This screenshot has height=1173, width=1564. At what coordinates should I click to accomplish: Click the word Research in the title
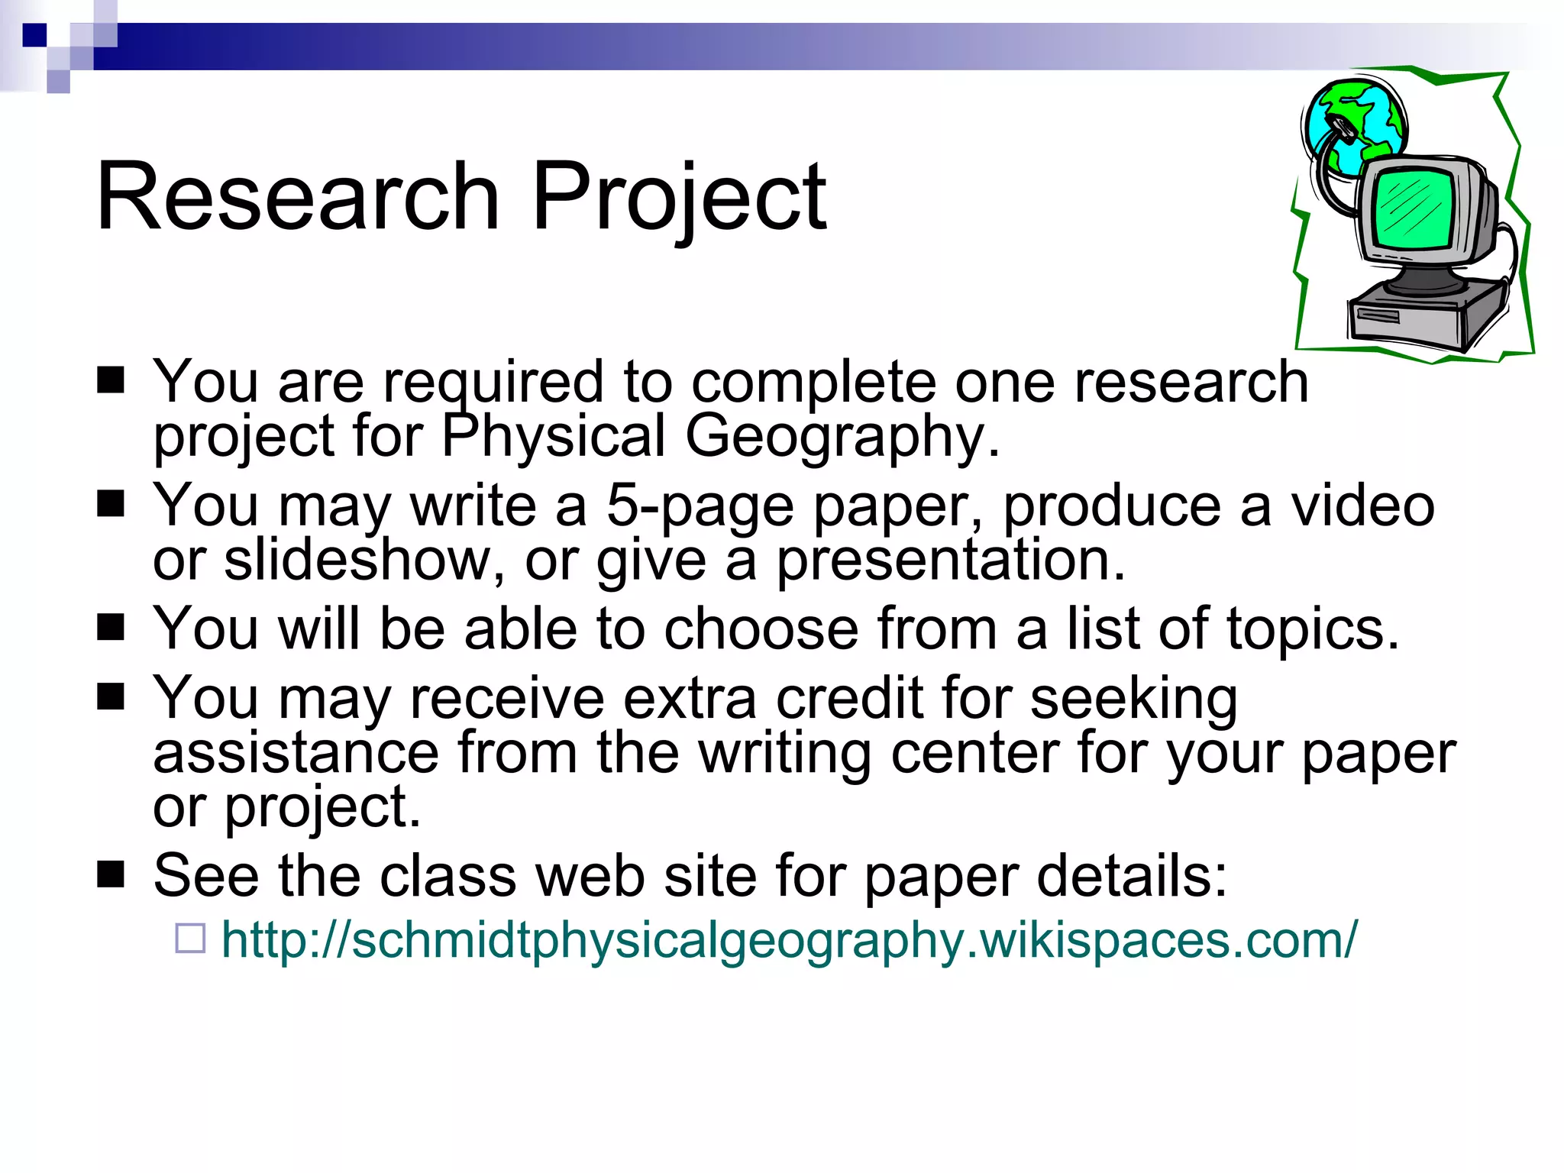(298, 196)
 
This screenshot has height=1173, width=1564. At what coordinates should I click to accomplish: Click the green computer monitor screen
(1413, 208)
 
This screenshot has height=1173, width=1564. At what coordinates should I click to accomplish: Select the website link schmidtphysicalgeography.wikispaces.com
(789, 939)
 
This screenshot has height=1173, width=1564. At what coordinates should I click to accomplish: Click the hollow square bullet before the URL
(190, 938)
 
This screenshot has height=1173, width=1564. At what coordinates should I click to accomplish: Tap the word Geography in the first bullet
(842, 437)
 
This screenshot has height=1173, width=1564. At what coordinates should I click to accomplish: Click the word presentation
(951, 561)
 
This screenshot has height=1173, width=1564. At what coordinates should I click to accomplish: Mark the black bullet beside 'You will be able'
(111, 628)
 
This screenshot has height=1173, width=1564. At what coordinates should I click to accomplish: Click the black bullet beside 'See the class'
(111, 875)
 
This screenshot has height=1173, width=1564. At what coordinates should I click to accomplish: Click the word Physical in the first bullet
(554, 437)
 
